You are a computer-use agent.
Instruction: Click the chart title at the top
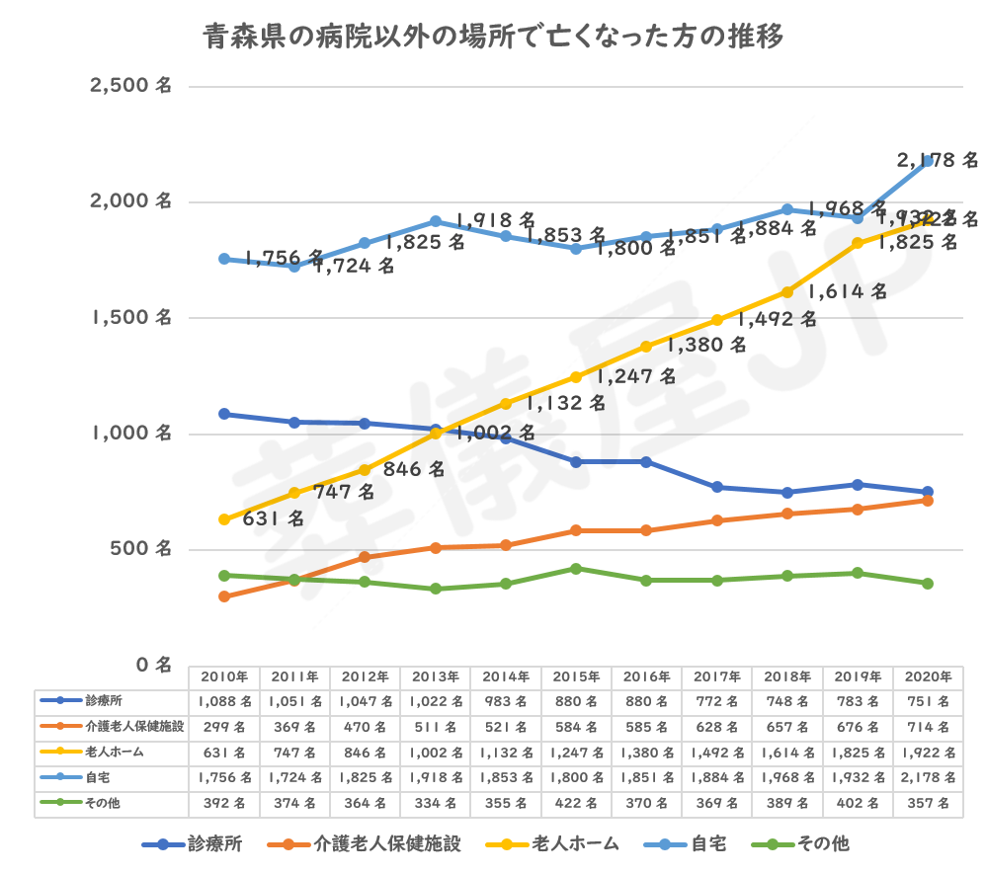click(493, 39)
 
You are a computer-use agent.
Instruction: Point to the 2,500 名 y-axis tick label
click(130, 86)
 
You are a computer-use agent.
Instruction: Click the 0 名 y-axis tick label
click(154, 665)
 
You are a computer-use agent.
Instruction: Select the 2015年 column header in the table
click(577, 676)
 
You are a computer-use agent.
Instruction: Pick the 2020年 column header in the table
click(928, 676)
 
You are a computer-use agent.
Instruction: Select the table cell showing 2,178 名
click(928, 778)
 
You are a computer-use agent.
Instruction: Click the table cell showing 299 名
click(224, 727)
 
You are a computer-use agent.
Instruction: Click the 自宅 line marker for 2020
click(928, 161)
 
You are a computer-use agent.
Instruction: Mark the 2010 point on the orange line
click(224, 596)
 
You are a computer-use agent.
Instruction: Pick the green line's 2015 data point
click(577, 568)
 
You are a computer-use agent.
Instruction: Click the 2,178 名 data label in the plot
click(937, 159)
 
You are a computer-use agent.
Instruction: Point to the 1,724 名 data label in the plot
click(355, 267)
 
